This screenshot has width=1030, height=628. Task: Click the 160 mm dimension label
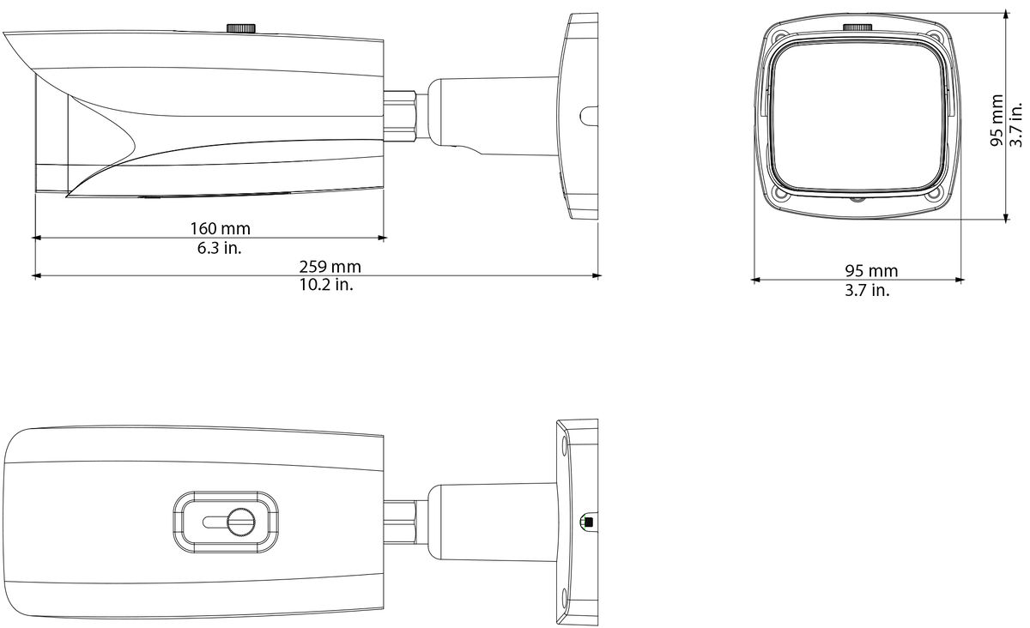[x=221, y=228]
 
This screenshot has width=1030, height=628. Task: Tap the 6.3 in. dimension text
[x=220, y=248]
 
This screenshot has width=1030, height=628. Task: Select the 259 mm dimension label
[x=330, y=267]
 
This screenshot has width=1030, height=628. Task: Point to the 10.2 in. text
[x=326, y=285]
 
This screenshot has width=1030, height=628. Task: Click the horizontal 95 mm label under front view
[x=871, y=271]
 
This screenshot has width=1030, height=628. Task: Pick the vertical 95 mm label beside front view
[x=997, y=120]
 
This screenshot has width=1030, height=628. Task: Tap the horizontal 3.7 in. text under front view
[x=867, y=290]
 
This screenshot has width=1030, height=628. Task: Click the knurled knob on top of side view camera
[x=241, y=27]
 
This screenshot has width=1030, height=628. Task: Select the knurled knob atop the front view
[x=857, y=27]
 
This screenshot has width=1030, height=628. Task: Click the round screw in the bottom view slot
[x=241, y=522]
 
